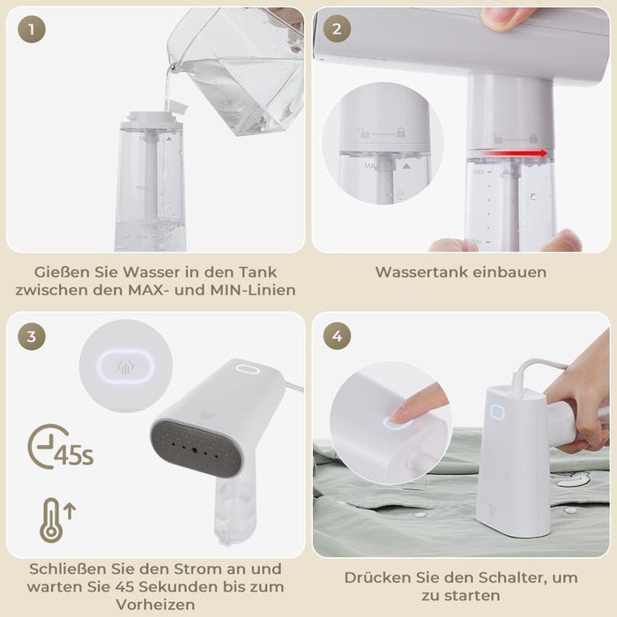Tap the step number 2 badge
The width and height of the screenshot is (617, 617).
point(336,30)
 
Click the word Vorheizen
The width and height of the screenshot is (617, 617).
point(154,606)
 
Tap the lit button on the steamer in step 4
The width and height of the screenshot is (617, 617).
point(495,413)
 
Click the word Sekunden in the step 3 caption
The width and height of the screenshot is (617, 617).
point(187,587)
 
